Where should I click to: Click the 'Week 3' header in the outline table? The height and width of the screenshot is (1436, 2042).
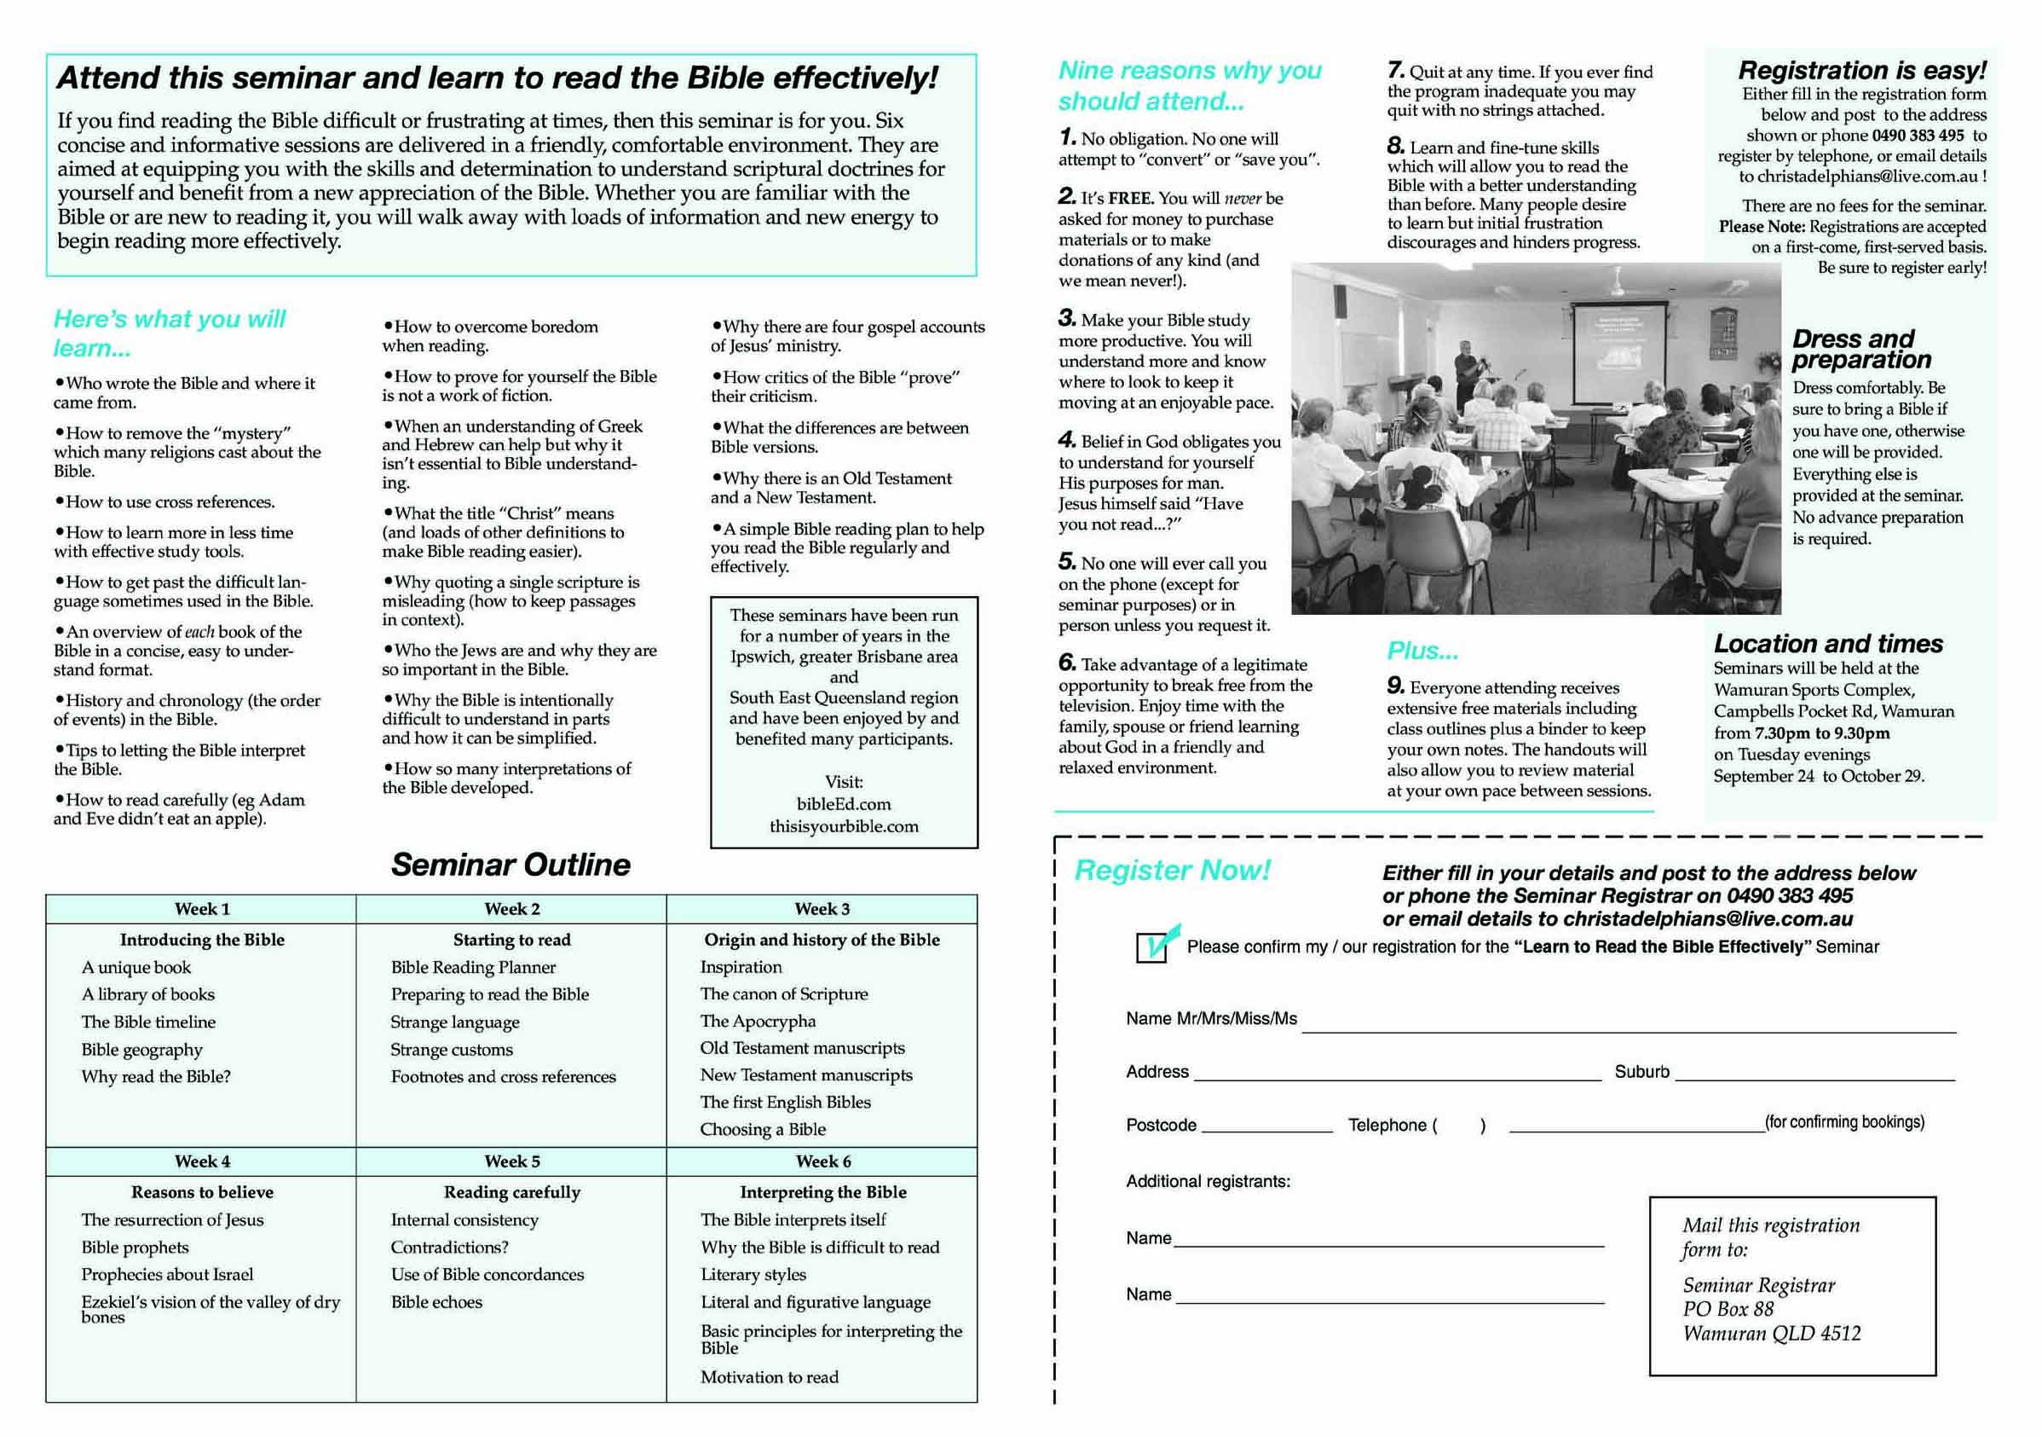coord(822,908)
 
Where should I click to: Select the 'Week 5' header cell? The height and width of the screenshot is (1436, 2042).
coord(511,1161)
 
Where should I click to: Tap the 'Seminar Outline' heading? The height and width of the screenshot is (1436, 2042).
coord(510,865)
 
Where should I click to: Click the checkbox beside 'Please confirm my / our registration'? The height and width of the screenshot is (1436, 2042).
coord(1151,947)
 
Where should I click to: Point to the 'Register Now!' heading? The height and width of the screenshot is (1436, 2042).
coord(1172,870)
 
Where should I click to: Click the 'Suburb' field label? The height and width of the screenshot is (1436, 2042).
coord(1641,1072)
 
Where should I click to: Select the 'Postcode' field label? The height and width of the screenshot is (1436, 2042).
coord(1161,1126)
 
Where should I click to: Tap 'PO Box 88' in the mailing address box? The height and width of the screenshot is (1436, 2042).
coord(1728,1309)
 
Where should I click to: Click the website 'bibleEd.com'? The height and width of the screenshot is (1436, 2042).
coord(843,804)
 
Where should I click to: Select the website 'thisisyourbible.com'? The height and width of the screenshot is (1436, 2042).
coord(843,826)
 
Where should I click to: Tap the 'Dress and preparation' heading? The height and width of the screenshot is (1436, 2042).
coord(1860,349)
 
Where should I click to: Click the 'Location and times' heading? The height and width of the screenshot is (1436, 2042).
coord(1828,643)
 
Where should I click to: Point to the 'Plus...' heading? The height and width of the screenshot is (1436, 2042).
coord(1422,651)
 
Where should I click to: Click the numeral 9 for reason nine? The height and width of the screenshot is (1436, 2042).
coord(1395,686)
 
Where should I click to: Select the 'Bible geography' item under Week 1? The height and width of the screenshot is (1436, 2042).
coord(142,1050)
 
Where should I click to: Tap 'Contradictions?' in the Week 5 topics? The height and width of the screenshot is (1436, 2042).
coord(449,1248)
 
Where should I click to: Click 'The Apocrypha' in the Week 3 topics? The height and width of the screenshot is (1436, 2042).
coord(758,1022)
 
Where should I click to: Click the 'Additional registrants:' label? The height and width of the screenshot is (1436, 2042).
coord(1208,1182)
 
